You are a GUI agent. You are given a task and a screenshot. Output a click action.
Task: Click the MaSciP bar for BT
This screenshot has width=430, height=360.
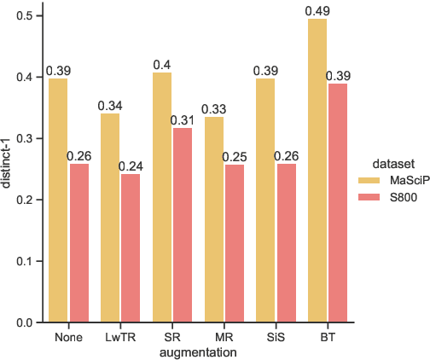317,171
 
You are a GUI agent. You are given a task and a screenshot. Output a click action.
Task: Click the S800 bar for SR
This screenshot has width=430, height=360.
183,225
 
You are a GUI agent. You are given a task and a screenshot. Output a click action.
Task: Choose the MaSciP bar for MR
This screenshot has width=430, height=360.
213,219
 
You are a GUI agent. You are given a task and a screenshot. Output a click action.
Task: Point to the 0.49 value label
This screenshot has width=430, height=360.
317,10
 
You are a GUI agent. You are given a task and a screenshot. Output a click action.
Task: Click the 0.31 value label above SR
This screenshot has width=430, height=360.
183,120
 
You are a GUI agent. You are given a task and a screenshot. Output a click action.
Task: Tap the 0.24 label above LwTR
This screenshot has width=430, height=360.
131,166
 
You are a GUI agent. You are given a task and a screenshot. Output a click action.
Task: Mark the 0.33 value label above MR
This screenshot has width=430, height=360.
213,109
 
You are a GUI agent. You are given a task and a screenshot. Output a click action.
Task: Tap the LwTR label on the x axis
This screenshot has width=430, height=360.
120,337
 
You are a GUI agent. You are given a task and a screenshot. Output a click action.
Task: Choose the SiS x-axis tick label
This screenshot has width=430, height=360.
276,337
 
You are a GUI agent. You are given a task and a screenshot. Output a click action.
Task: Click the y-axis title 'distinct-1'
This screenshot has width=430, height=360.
8,169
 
